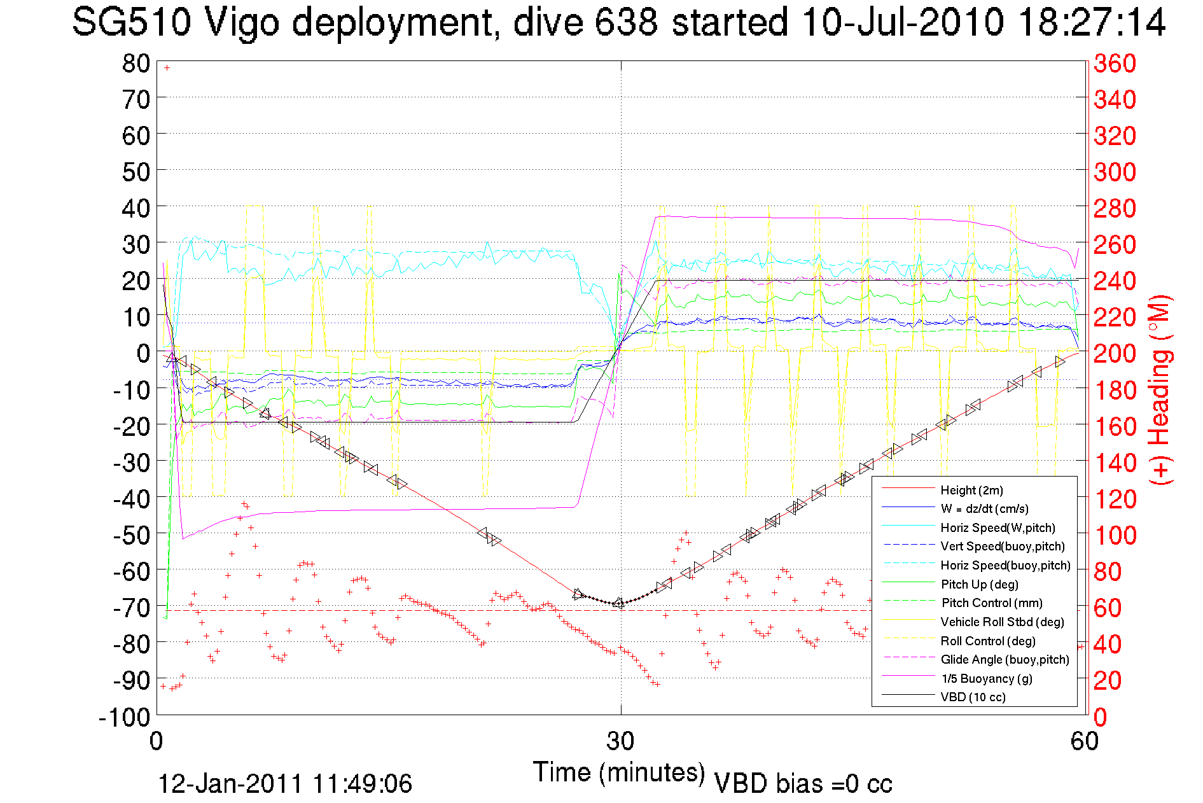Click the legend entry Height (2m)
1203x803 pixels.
[971, 490]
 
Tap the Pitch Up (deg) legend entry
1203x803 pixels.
[979, 584]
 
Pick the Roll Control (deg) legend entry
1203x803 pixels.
[988, 641]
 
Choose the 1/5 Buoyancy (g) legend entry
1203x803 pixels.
[986, 678]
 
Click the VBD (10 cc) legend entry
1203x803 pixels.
[973, 697]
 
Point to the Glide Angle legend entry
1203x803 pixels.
[1005, 659]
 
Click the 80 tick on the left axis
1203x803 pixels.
[136, 63]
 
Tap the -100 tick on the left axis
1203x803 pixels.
[125, 717]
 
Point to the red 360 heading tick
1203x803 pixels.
[1115, 63]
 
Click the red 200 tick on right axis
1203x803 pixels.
[1115, 353]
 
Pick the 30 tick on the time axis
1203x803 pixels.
[620, 741]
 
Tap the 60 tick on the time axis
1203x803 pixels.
[1084, 741]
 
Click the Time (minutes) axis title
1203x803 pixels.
[619, 772]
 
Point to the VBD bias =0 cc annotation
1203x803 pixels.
[803, 784]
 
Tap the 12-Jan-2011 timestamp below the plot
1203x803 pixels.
[285, 784]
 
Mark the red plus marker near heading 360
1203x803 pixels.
[167, 67]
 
